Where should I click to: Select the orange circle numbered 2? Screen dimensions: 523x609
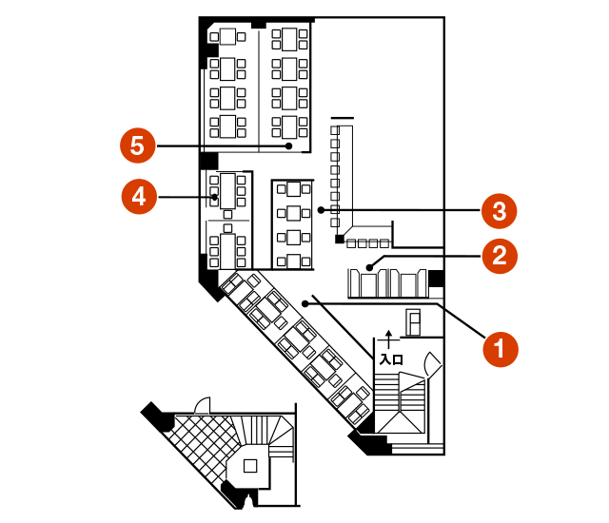[x=500, y=256]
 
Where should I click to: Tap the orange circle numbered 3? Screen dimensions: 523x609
[x=500, y=211]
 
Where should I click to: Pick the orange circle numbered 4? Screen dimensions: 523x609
[x=139, y=197]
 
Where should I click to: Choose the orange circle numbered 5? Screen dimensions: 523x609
[x=138, y=146]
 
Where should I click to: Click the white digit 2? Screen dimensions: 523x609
[x=500, y=256]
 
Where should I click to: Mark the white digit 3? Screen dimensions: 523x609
[x=500, y=211]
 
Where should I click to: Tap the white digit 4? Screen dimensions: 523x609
[x=139, y=197]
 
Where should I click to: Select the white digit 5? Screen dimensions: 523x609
[x=138, y=146]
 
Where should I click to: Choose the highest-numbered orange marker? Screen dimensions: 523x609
[x=138, y=146]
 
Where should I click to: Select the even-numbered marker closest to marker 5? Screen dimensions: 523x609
[x=139, y=197]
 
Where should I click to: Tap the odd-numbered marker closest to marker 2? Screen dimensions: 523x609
[x=500, y=211]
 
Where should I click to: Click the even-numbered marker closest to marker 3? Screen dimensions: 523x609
[x=500, y=256]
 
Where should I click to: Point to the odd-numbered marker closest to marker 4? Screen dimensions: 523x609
[x=138, y=146]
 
